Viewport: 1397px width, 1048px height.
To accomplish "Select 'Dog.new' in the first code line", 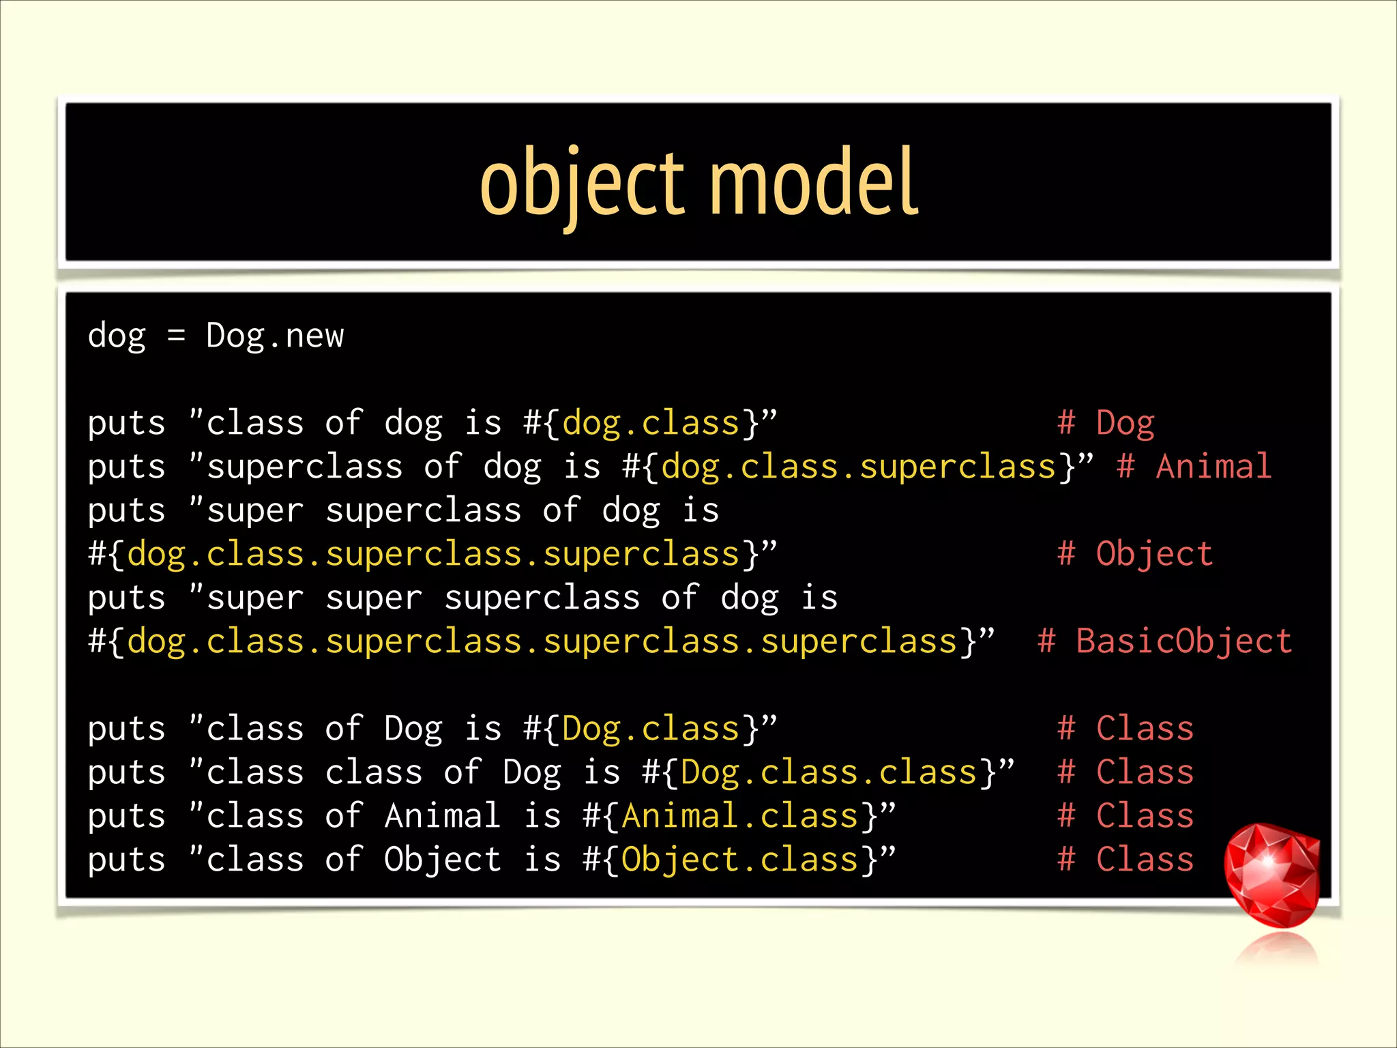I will [x=275, y=336].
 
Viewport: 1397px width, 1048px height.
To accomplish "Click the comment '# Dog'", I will [x=1106, y=423].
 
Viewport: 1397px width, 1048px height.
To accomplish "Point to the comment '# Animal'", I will [x=1194, y=467].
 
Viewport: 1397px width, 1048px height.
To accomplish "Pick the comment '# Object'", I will [x=1135, y=553].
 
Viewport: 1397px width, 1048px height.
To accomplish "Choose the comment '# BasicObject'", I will [x=1164, y=641].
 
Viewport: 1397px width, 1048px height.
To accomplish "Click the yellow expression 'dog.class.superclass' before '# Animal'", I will [x=859, y=467].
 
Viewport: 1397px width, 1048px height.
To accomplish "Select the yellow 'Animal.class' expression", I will [x=739, y=816].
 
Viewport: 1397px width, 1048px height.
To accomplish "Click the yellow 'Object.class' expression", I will [x=739, y=860].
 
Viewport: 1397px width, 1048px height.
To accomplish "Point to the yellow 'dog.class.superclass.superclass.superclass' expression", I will [x=542, y=641].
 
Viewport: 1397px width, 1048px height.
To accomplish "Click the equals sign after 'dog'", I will [x=176, y=336].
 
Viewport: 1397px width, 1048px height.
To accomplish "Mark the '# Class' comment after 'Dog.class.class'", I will [x=1126, y=772].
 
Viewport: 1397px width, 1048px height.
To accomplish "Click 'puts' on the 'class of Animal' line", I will [x=127, y=816].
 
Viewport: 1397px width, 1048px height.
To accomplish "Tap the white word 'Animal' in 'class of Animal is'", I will [x=443, y=816].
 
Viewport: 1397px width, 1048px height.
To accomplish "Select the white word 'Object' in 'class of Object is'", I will [x=443, y=860].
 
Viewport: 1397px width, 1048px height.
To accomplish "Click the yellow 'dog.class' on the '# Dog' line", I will [x=651, y=423].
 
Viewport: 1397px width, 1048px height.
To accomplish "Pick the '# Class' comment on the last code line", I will [x=1126, y=860].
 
